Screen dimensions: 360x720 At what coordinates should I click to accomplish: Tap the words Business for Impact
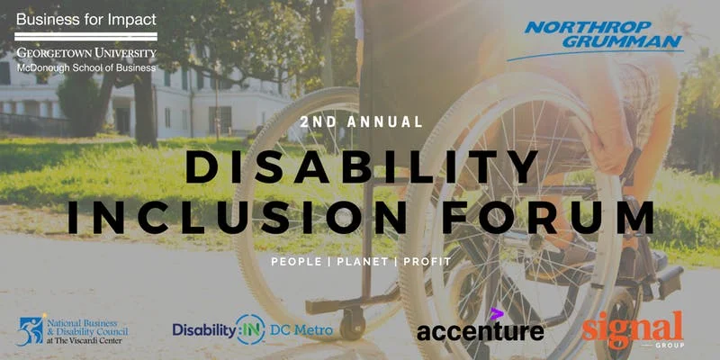coord(86,19)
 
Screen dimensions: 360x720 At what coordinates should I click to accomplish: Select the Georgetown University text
coord(86,53)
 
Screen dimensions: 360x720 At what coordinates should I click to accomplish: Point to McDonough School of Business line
coord(86,67)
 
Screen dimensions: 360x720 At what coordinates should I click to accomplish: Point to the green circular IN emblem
coord(250,329)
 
